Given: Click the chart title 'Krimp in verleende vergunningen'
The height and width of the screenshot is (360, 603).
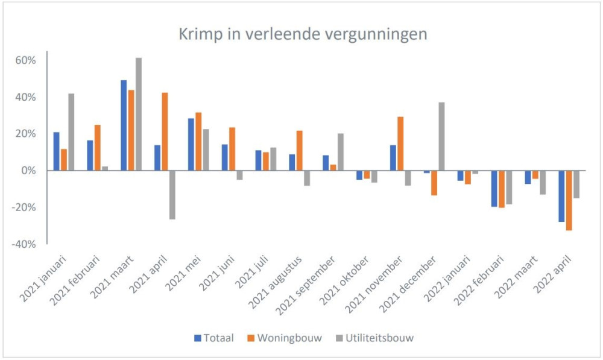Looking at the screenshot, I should pyautogui.click(x=303, y=34).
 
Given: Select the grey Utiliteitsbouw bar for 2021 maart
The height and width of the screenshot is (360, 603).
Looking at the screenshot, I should pyautogui.click(x=138, y=114).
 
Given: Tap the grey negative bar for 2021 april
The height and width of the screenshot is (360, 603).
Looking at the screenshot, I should pyautogui.click(x=172, y=194).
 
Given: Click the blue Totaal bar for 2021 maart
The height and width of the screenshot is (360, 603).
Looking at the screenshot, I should pyautogui.click(x=124, y=125).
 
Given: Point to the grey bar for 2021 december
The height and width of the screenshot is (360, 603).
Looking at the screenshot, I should pyautogui.click(x=442, y=136).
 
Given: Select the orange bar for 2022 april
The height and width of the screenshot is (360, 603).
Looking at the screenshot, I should pyautogui.click(x=569, y=200).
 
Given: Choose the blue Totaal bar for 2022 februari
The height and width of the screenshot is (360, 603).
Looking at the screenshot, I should pyautogui.click(x=494, y=188).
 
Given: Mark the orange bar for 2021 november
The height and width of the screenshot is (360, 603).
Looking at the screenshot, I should pyautogui.click(x=400, y=144).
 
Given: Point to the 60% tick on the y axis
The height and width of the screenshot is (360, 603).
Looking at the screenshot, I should pyautogui.click(x=27, y=60).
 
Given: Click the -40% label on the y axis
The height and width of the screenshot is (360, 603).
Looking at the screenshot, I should pyautogui.click(x=25, y=244).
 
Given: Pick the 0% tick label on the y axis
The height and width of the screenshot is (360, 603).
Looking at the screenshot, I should pyautogui.click(x=30, y=171).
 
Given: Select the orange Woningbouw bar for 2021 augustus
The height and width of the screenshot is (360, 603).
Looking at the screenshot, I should pyautogui.click(x=299, y=150).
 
